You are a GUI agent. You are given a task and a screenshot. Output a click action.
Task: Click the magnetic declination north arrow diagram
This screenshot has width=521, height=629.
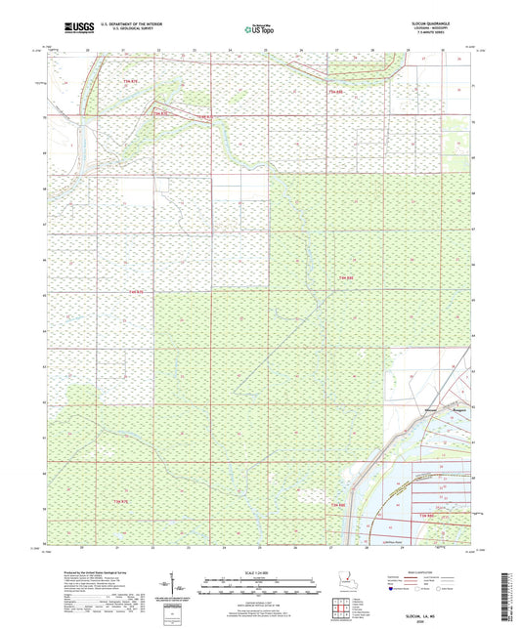point(183,586)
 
